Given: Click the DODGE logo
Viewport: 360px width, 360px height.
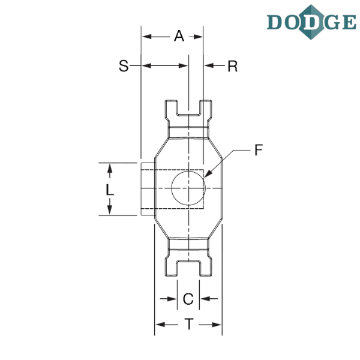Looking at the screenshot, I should [310, 22].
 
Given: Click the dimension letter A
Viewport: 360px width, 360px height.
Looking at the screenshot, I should [179, 37].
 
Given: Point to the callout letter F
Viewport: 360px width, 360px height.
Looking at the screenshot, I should [258, 151].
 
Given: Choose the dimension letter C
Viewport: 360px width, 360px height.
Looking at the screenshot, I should [188, 298].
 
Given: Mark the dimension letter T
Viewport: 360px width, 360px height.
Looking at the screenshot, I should [188, 325].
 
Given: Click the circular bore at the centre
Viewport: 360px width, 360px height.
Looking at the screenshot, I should [188, 188].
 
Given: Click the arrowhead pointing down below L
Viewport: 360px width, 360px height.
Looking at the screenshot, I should [109, 210].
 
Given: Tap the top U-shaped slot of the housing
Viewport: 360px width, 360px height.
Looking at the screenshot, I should [188, 107].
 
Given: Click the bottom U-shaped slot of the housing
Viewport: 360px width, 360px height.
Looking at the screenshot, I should [188, 268].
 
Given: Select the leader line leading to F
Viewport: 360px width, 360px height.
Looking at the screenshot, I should [237, 152].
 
